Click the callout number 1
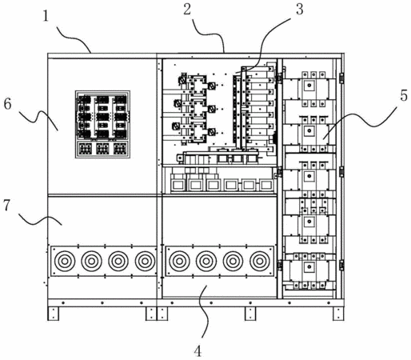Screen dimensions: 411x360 [x=46, y=16]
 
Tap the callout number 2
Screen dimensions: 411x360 [x=187, y=10]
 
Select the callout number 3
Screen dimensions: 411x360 [x=300, y=10]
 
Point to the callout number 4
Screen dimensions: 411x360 [x=198, y=351]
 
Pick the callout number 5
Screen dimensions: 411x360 [x=404, y=95]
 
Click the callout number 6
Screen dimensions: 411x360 [x=7, y=104]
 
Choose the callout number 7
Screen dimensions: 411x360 [x=6, y=206]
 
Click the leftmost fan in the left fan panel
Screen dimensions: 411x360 [x=65, y=261]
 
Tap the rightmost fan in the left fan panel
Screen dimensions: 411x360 [x=146, y=261]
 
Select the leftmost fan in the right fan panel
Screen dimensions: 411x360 [x=179, y=261]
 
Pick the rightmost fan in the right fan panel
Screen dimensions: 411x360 [x=260, y=261]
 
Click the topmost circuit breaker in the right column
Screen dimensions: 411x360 [x=309, y=89]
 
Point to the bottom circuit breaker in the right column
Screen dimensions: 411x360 [x=309, y=271]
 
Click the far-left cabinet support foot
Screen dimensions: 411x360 [x=53, y=314]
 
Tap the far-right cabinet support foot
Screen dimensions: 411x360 [x=338, y=314]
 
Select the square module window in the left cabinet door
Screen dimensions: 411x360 [x=102, y=124]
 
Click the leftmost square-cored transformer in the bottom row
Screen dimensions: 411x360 [x=178, y=183]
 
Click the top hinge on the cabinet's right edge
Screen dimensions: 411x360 [x=341, y=78]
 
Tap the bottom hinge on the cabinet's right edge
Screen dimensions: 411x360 [x=341, y=265]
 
